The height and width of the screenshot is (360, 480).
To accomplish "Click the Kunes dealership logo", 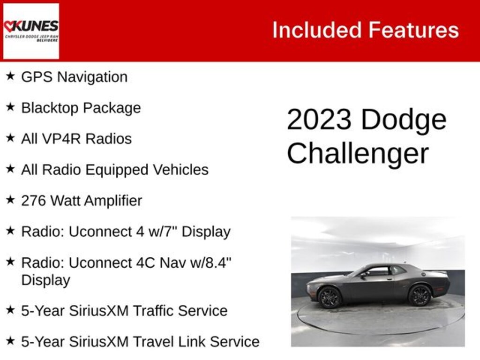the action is click(x=31, y=31).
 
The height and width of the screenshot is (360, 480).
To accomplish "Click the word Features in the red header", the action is click(x=413, y=30).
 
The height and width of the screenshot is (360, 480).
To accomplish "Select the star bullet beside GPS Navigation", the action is click(x=10, y=75).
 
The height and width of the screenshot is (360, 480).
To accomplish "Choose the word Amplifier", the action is click(x=113, y=201).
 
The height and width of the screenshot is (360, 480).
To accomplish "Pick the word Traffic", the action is click(x=153, y=311).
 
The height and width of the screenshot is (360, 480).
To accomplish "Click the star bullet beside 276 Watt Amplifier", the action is click(x=10, y=200).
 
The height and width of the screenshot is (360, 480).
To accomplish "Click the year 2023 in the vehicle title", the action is click(x=319, y=120).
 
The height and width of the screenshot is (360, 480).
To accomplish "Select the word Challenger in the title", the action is click(x=358, y=153).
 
